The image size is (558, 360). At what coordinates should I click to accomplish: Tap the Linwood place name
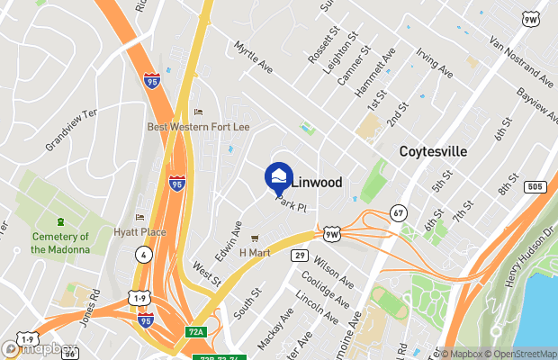click(317, 182)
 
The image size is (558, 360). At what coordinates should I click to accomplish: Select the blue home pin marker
click(279, 176)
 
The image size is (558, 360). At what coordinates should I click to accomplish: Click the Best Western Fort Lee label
click(198, 127)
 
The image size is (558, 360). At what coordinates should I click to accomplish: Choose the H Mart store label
click(255, 253)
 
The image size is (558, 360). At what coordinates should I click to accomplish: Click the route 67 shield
click(399, 212)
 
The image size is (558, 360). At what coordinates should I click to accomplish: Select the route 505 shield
click(535, 186)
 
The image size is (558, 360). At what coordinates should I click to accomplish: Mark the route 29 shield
click(300, 256)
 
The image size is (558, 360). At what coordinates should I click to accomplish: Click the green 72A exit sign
click(196, 332)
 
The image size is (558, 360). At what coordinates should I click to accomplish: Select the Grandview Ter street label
click(70, 129)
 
